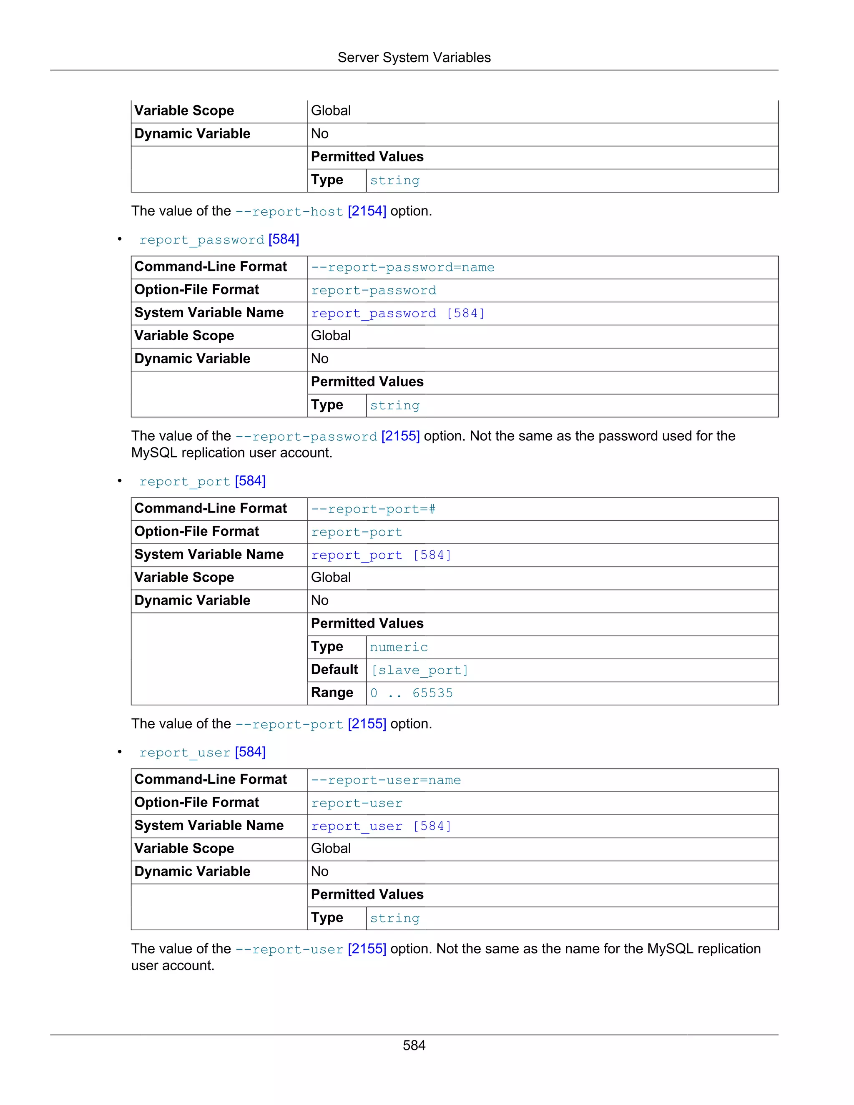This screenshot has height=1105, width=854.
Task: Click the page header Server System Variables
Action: pos(414,58)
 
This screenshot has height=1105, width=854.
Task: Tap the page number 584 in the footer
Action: pos(414,1045)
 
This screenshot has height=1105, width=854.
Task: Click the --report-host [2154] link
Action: pos(311,211)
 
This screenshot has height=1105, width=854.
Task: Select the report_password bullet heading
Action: pos(219,239)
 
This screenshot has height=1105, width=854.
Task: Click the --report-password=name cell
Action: pos(403,267)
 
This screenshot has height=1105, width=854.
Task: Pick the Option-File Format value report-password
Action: pos(373,290)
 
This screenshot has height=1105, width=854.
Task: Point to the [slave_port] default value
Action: pos(419,670)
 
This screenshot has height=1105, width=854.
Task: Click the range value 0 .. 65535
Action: pos(411,693)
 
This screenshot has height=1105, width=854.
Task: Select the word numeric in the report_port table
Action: pos(399,647)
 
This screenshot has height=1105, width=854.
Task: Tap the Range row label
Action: pos(332,693)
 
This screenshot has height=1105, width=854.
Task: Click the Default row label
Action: pos(334,669)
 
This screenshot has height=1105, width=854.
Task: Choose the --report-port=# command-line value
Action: pos(373,509)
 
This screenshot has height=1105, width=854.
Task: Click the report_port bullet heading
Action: pos(202,481)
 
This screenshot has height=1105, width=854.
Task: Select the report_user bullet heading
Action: pos(202,752)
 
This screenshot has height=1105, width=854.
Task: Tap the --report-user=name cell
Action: pos(386,780)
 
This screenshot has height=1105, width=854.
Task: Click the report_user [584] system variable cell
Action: pos(381,826)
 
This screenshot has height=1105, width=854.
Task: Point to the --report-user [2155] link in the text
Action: pos(311,949)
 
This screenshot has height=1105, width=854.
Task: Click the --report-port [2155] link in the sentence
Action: pos(311,725)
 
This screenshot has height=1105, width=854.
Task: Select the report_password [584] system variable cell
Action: pos(398,314)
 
